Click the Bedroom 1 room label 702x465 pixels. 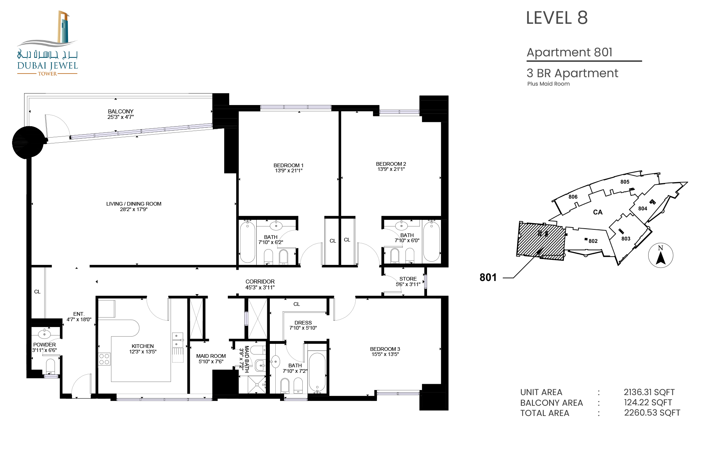(x=288, y=165)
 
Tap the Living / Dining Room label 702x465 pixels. (x=134, y=204)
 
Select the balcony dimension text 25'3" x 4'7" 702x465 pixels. (x=121, y=117)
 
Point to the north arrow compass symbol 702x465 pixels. (x=660, y=255)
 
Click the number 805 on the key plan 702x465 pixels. (x=625, y=182)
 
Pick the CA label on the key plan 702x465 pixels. (x=598, y=212)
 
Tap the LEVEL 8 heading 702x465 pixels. (x=557, y=18)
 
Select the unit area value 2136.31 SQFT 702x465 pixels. (x=649, y=392)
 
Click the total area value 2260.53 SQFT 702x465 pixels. (x=652, y=413)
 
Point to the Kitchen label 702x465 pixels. (x=143, y=346)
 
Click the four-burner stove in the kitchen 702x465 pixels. (x=104, y=359)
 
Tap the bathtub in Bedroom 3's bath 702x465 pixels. (x=317, y=372)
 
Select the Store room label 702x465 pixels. (x=408, y=279)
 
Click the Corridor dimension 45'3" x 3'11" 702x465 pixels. (x=260, y=288)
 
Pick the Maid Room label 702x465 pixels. (x=211, y=356)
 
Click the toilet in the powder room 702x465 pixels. (x=50, y=366)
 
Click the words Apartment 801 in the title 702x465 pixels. (x=570, y=52)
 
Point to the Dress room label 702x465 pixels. (x=303, y=323)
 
